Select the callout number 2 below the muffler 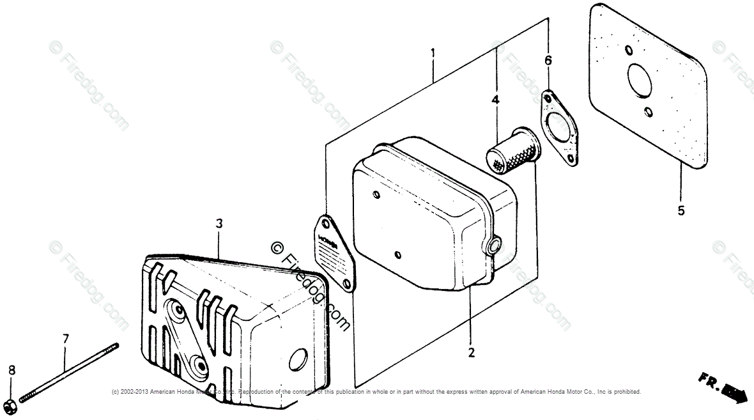point(471,352)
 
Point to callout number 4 point(495,100)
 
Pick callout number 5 point(681,210)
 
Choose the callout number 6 point(548,61)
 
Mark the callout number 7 point(65,338)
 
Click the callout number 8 point(11,370)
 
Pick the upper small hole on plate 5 point(629,51)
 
